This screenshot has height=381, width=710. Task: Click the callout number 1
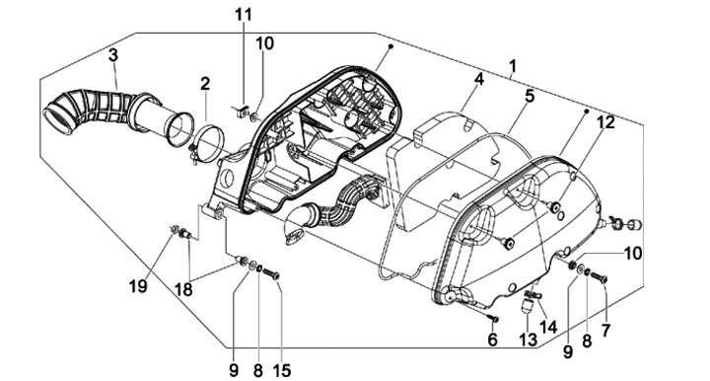512,66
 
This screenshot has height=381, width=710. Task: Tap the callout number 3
113,55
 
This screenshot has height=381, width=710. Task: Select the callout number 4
479,79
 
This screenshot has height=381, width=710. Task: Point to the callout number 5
530,96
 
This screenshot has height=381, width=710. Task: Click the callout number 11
243,14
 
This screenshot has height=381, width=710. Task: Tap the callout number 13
528,340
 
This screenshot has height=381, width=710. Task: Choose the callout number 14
548,326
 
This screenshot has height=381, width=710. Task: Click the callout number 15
281,370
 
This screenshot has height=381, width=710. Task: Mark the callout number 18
183,289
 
